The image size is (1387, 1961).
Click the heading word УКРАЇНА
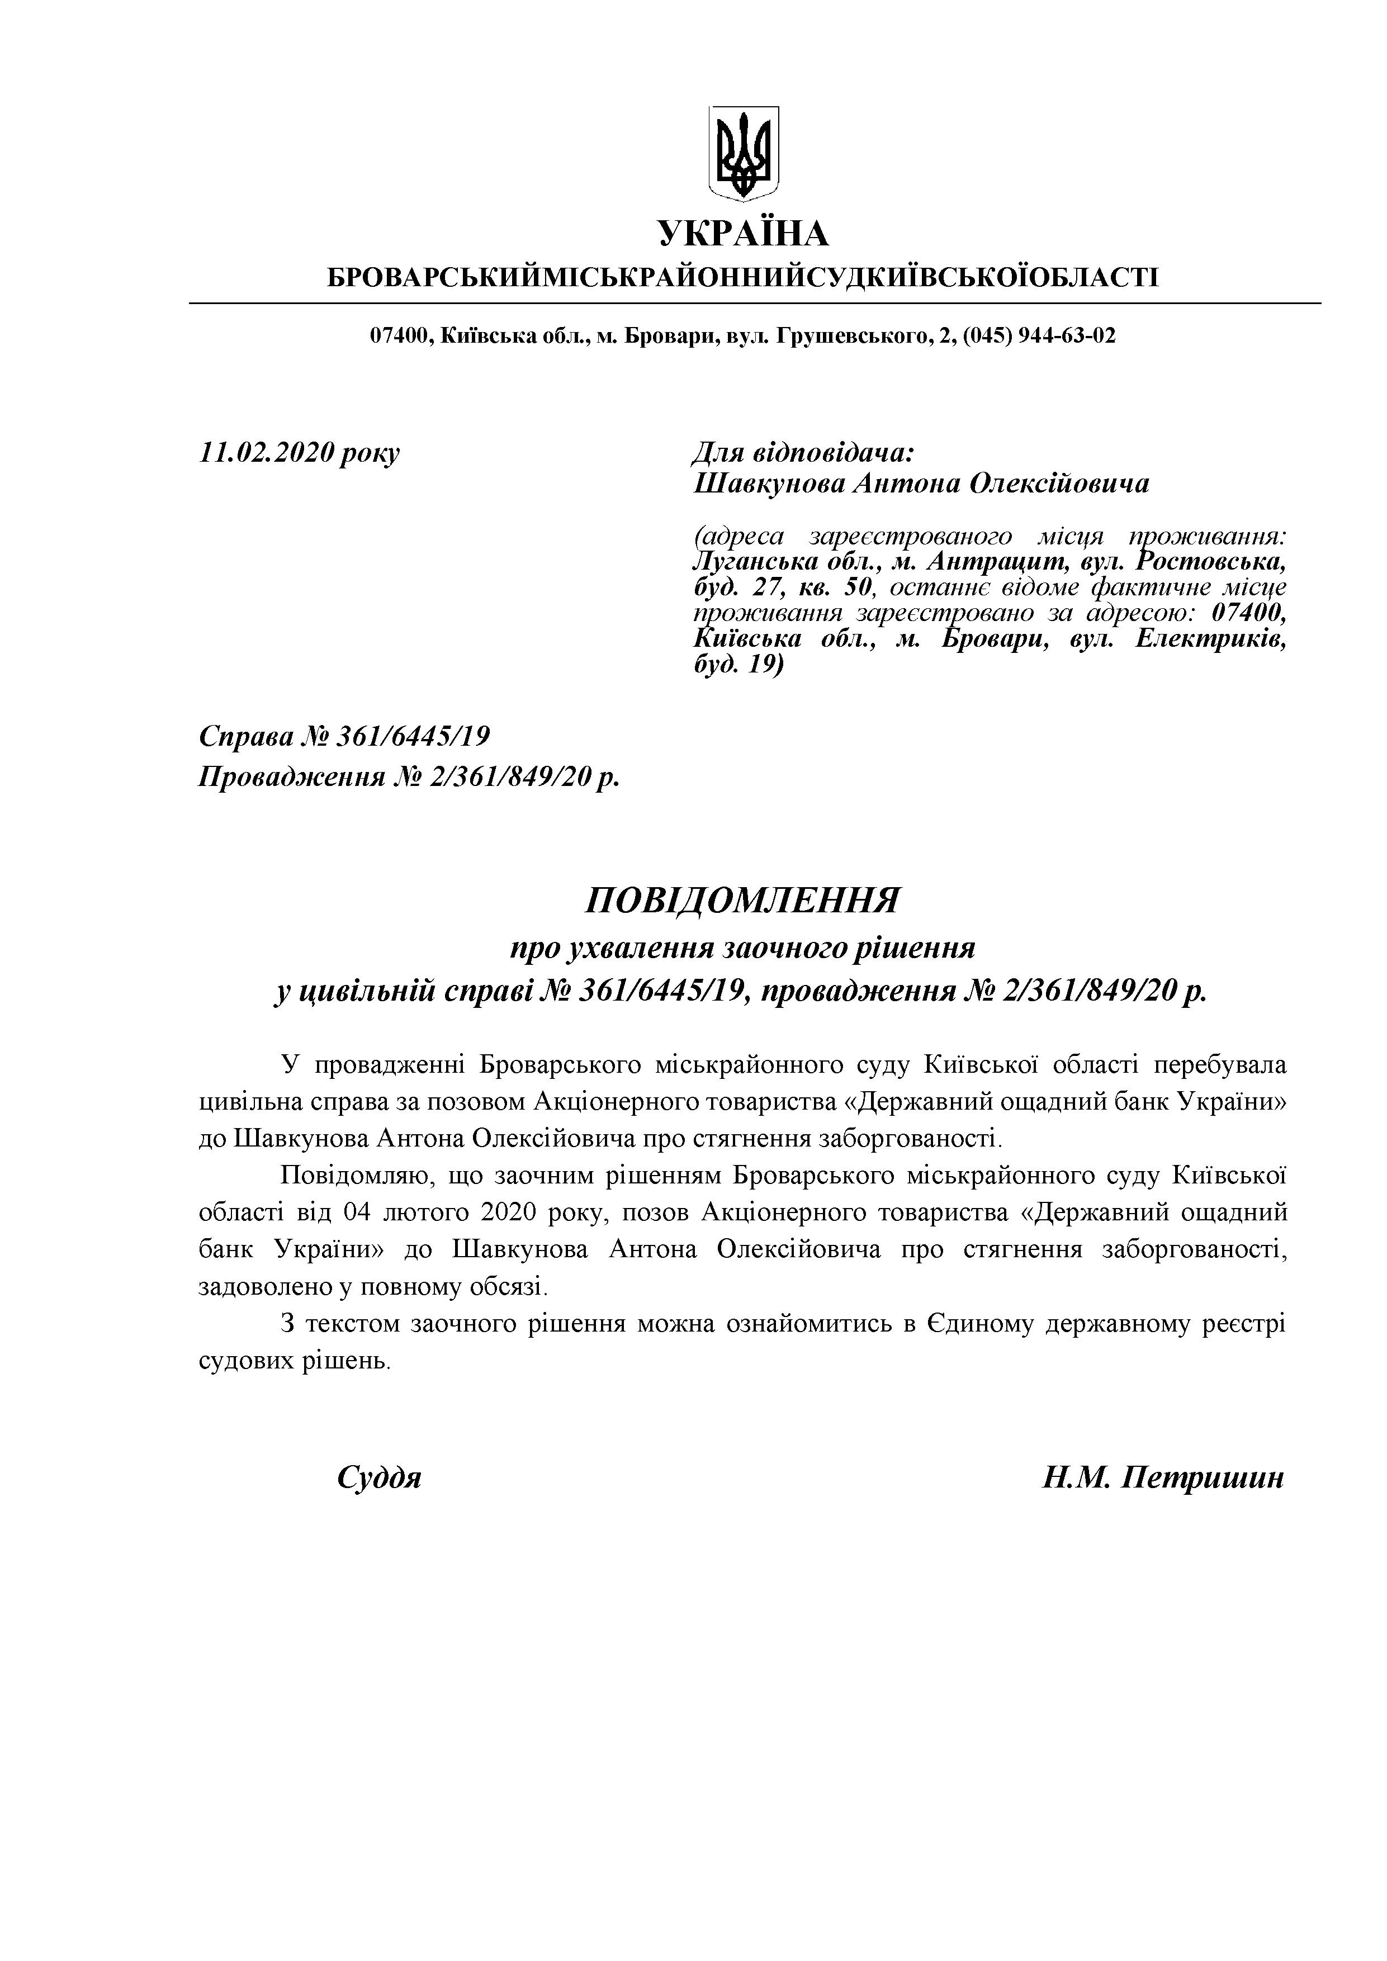742,233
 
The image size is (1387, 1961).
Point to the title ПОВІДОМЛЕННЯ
742,900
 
